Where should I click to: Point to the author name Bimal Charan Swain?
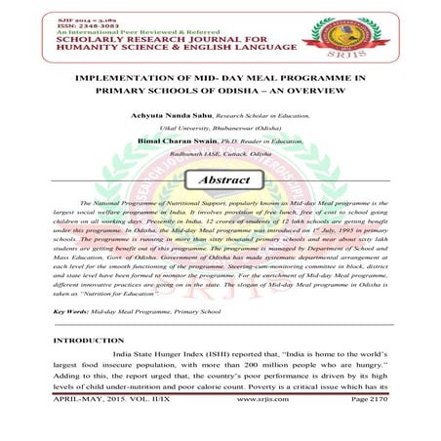pos(182,141)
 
